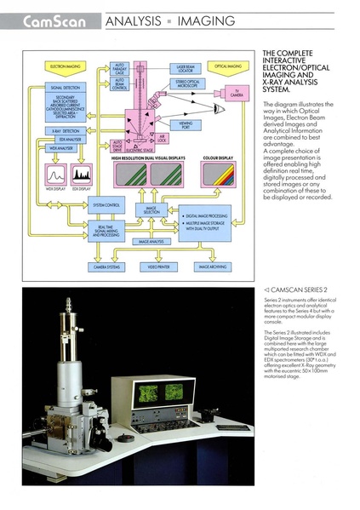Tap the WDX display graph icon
coord(55,176)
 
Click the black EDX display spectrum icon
coord(83,176)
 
